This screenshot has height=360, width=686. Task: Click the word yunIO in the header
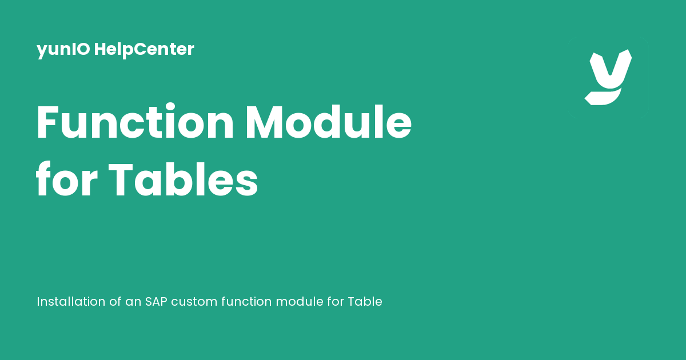[x=63, y=50]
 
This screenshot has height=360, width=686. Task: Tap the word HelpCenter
[x=144, y=50]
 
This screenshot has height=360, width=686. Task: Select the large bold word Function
[x=135, y=122]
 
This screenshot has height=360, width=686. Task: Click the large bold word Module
[x=329, y=122]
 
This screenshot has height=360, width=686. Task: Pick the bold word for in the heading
[x=67, y=179]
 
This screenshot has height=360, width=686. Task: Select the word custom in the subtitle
[x=194, y=302]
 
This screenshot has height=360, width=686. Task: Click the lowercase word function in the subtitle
[x=246, y=302]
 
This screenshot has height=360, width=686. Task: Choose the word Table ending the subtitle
[x=365, y=302]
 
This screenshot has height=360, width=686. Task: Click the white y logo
[x=608, y=77]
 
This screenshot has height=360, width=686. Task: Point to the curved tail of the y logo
[x=603, y=97]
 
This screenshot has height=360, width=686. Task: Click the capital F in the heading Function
[x=47, y=122]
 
